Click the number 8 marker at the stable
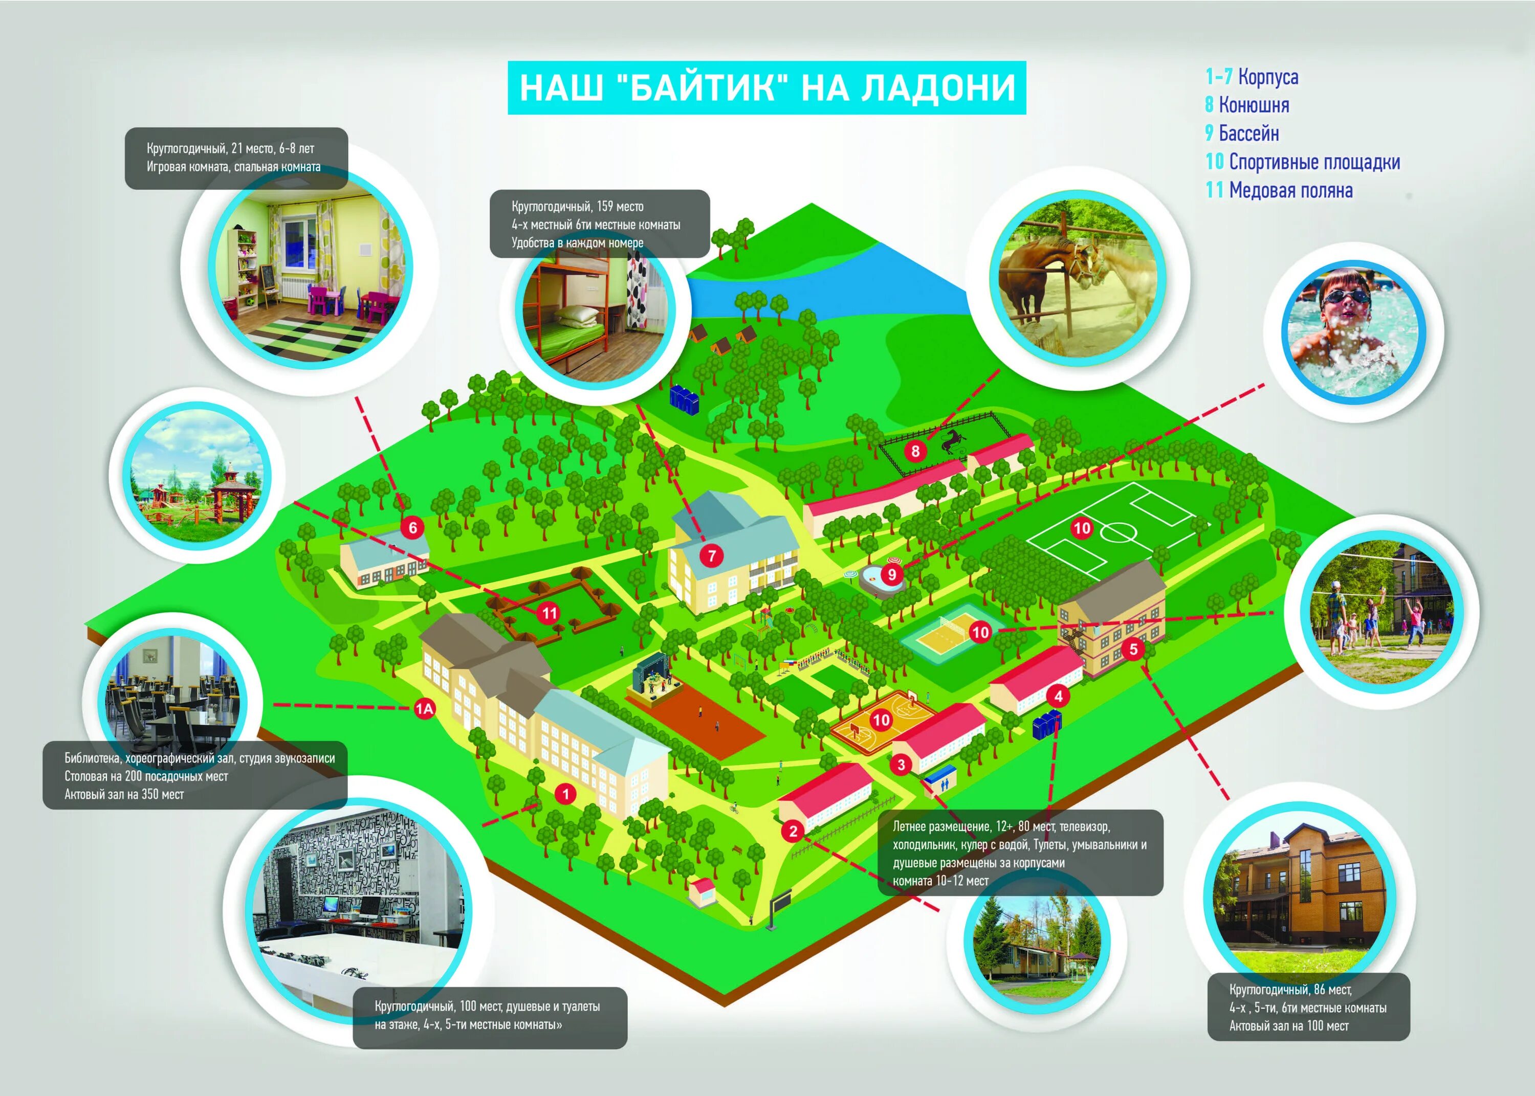coord(915,451)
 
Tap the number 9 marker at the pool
coord(892,574)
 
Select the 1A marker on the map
coord(424,709)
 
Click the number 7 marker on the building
coord(712,556)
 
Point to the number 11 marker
coord(550,613)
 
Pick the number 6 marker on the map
coord(412,528)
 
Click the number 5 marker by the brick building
coord(1133,649)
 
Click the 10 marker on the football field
coord(1081,528)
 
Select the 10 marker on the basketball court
coord(881,720)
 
